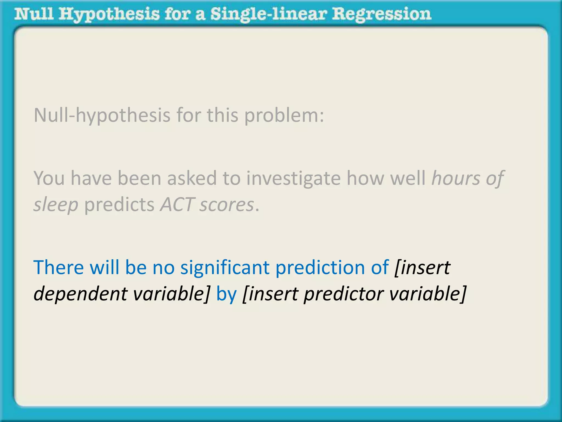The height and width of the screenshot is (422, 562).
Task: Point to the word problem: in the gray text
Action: click(284, 115)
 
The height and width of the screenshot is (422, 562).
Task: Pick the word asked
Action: click(192, 178)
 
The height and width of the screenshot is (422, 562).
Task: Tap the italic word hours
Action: click(456, 178)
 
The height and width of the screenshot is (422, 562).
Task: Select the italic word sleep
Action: click(56, 205)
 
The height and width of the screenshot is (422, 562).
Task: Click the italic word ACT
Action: click(177, 204)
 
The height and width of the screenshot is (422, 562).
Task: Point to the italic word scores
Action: click(227, 205)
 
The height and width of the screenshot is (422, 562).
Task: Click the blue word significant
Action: click(225, 267)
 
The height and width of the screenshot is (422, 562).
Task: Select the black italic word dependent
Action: click(80, 294)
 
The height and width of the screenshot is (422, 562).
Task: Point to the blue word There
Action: click(58, 267)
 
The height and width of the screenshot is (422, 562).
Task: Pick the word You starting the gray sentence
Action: click(49, 178)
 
